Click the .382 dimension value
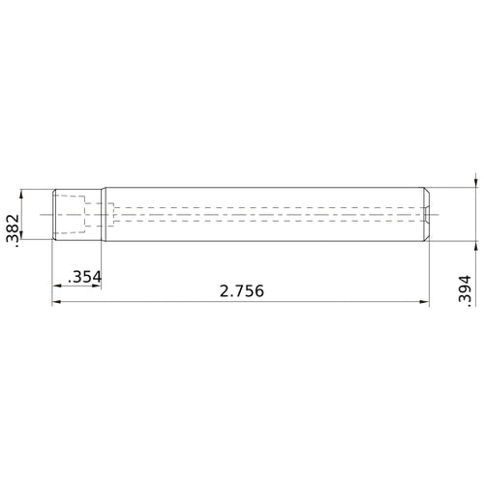[x=11, y=230]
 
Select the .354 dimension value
[x=83, y=278]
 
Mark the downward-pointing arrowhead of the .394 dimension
[x=475, y=181]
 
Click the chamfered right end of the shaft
[x=426, y=213]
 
